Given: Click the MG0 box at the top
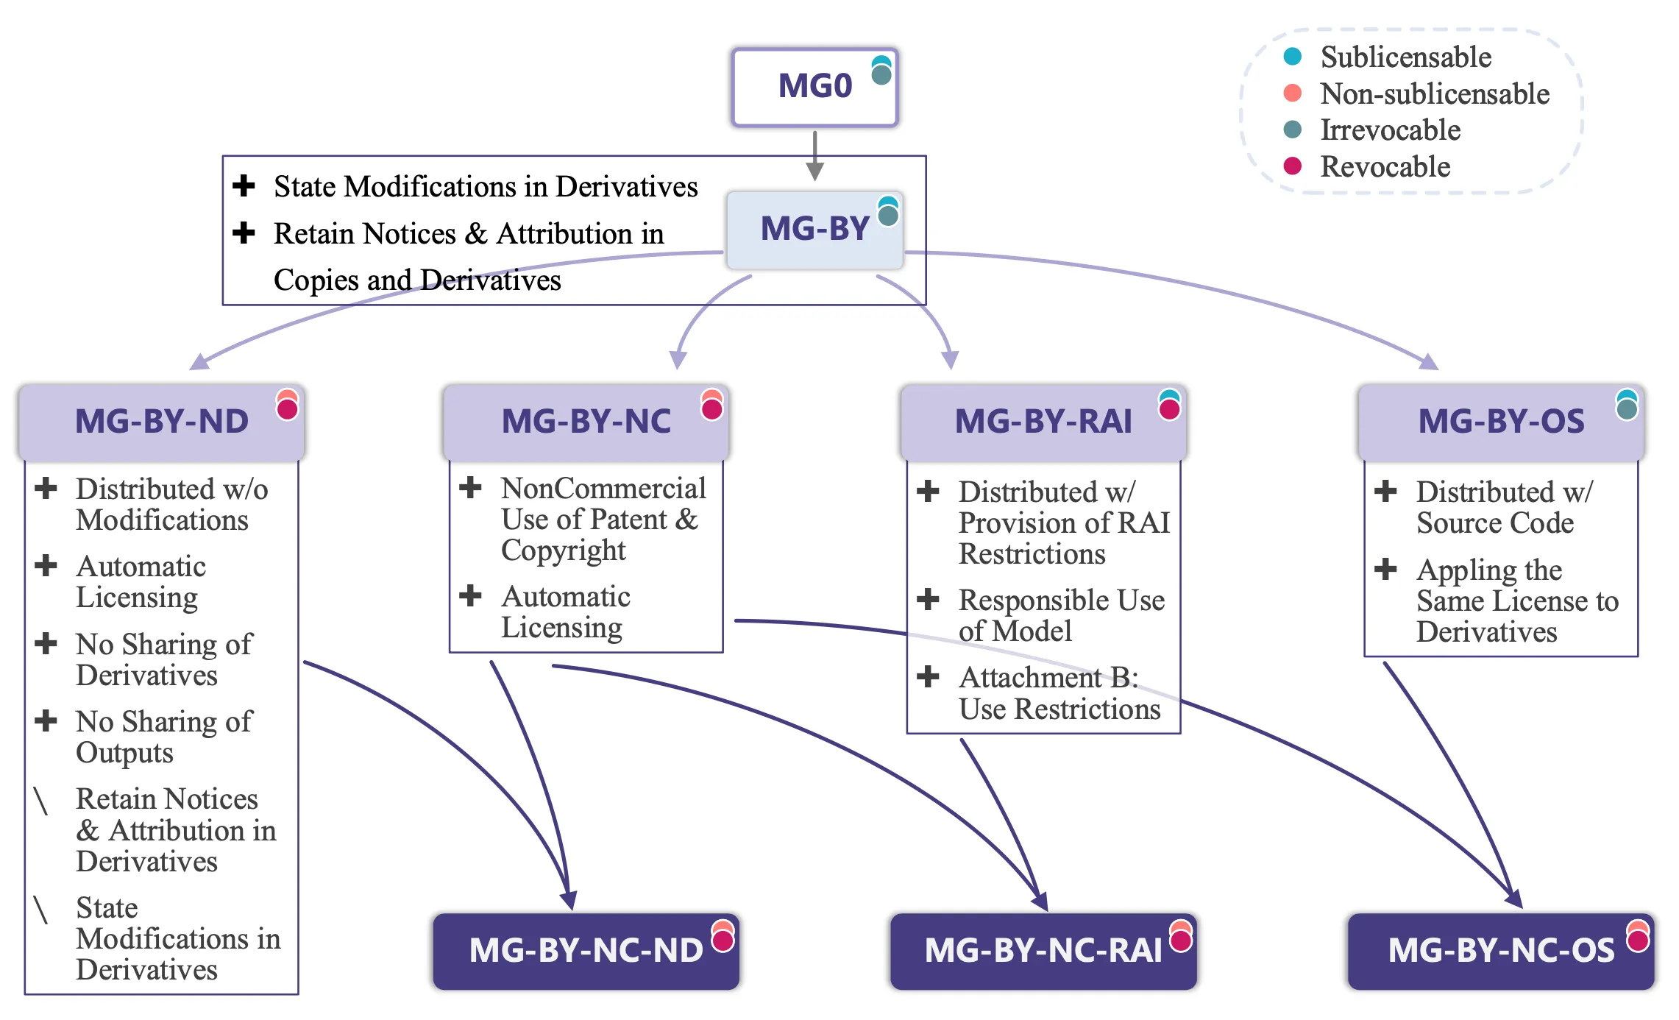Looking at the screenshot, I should tap(814, 87).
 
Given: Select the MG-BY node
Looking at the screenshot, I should tap(814, 229).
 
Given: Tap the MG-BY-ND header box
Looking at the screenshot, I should tap(161, 422).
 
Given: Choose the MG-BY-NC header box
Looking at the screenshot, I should tap(586, 422).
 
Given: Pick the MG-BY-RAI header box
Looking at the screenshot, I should tap(1043, 422).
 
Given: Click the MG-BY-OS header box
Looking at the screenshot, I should tap(1501, 422).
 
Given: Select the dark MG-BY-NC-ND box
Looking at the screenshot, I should tap(586, 950).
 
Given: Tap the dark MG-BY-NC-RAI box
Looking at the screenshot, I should tap(1043, 950).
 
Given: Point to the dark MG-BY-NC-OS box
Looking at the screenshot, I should tap(1501, 950).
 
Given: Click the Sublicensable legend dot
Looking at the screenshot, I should tap(1292, 57).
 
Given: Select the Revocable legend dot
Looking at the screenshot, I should tap(1292, 166).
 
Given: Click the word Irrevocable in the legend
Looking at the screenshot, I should tap(1390, 130).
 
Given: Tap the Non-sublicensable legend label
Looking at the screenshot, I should tap(1434, 93).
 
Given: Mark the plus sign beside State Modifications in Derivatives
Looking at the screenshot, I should tap(244, 185).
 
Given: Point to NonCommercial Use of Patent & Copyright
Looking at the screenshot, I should tap(602, 519).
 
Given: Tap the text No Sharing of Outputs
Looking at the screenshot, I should tap(163, 737).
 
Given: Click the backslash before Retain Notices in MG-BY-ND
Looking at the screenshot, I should tap(41, 801).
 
